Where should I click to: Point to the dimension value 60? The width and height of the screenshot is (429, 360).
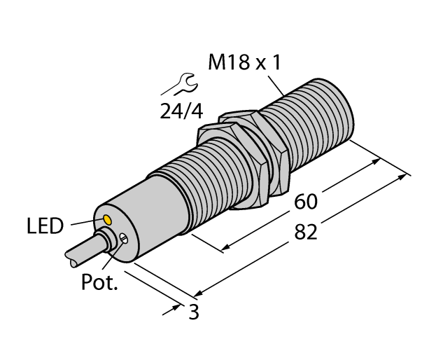[x=305, y=202]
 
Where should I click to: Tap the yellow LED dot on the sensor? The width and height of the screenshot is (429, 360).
[x=107, y=220]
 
